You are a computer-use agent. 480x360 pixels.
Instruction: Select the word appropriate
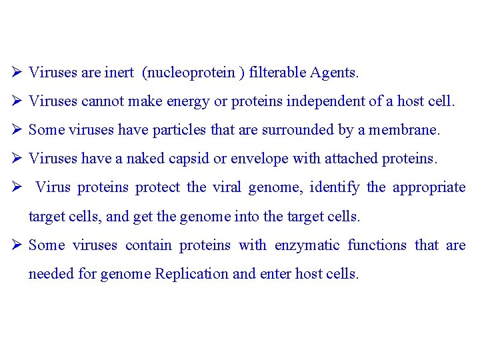(x=429, y=187)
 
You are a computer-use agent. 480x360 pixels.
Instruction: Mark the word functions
(x=377, y=245)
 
